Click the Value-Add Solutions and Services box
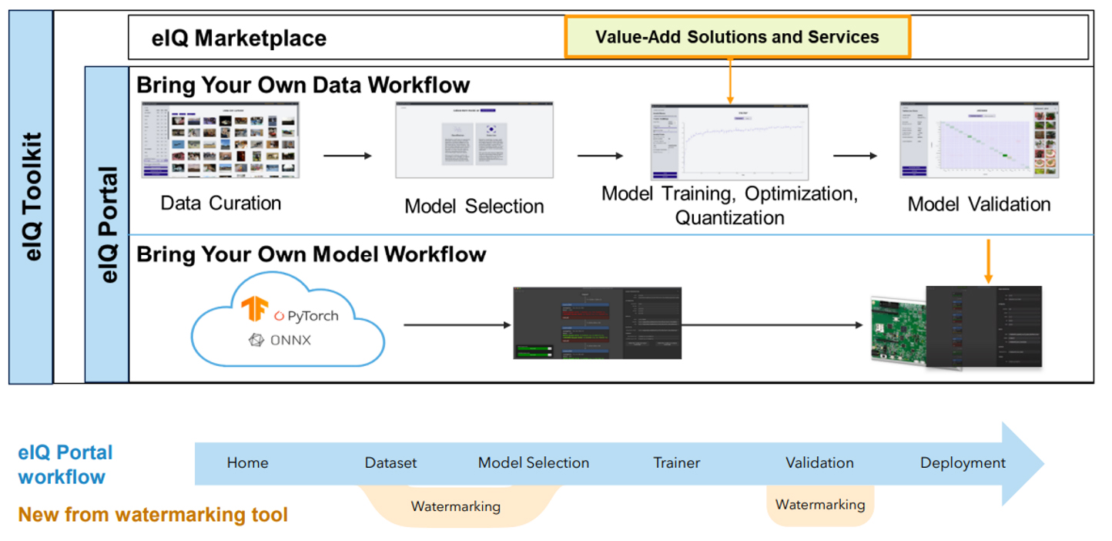click(737, 37)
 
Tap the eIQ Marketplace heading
click(239, 39)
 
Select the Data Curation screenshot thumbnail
click(220, 140)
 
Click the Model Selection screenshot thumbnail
click(474, 140)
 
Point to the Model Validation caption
click(979, 204)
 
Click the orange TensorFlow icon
click(253, 308)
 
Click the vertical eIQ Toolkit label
click(32, 197)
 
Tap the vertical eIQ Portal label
click(108, 223)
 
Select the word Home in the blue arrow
click(247, 463)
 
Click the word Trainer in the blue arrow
click(677, 463)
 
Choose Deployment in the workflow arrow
click(963, 463)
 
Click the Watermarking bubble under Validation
click(819, 506)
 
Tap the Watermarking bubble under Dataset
click(456, 507)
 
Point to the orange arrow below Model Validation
click(989, 262)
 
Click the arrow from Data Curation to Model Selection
click(347, 156)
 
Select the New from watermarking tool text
click(152, 515)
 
